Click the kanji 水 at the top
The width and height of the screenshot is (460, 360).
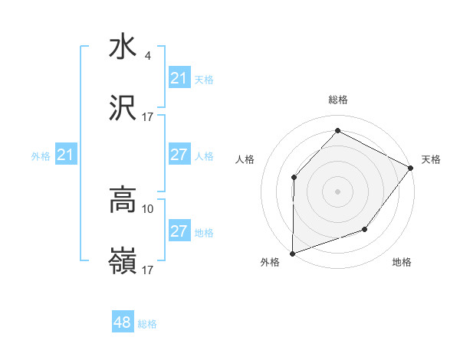(x=123, y=46)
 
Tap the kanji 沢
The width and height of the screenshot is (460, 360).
(x=123, y=110)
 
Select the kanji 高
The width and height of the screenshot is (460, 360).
(x=123, y=201)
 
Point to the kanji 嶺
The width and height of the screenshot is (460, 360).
(x=123, y=263)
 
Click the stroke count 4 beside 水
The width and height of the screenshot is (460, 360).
(x=148, y=55)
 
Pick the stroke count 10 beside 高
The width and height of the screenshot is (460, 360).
(x=148, y=208)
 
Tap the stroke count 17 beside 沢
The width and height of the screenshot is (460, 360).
(x=148, y=117)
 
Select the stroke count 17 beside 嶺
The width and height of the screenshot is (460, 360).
(x=148, y=270)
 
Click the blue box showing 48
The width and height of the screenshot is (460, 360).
(x=123, y=322)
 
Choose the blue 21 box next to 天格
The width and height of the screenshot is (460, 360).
(x=179, y=78)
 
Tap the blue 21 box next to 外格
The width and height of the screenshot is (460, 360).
(x=65, y=155)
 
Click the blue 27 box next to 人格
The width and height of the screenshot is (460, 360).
(x=179, y=155)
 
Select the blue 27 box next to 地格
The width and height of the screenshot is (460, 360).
(x=179, y=231)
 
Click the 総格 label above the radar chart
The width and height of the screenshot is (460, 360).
(x=337, y=100)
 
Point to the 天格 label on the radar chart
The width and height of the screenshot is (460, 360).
(x=431, y=159)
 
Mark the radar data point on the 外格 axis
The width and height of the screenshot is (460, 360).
(x=292, y=254)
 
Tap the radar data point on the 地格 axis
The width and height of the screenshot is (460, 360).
(x=366, y=230)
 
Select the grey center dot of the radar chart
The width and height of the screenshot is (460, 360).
(x=337, y=191)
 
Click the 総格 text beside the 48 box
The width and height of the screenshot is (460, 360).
(x=147, y=324)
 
